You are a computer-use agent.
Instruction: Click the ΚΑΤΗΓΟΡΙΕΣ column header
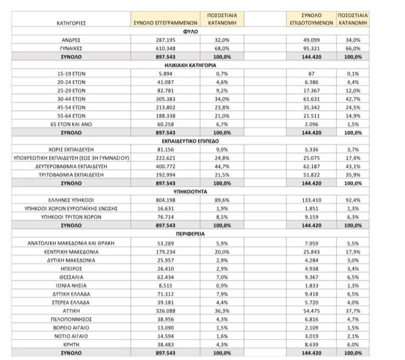71,23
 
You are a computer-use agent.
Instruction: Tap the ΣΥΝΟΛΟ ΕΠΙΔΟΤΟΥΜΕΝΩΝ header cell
312,20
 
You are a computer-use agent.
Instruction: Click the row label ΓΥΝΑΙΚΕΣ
71,48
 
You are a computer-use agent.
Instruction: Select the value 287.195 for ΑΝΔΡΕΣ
165,40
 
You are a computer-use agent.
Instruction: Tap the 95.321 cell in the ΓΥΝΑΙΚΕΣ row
312,48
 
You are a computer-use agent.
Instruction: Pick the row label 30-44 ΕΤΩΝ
71,98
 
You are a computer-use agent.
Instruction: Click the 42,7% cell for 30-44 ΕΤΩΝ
352,98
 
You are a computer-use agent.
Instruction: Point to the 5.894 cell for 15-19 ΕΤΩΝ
165,73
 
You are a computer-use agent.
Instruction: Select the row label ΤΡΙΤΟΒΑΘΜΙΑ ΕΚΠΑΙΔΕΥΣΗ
71,174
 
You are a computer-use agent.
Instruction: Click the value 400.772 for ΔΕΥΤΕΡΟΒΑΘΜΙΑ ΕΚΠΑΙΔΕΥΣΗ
165,166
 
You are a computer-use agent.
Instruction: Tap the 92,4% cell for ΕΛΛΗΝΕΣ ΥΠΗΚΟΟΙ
352,200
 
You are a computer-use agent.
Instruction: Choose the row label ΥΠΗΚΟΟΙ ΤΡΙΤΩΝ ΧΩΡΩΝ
71,217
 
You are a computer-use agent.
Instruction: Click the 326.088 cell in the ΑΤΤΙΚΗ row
165,310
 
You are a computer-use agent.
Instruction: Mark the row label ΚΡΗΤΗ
71,344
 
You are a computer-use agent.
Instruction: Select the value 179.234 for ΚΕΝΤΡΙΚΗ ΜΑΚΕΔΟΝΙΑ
165,251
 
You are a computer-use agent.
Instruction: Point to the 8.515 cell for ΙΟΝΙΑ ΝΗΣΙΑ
165,285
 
